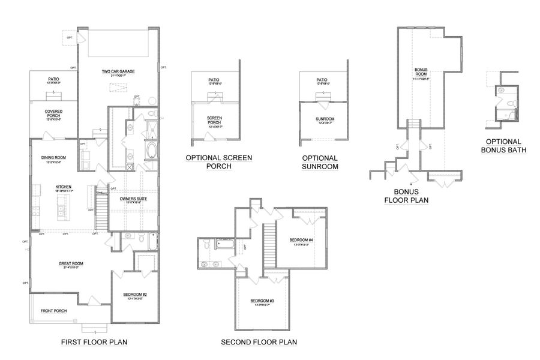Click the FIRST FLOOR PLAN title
(x=94, y=342)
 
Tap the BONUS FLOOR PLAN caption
(x=406, y=197)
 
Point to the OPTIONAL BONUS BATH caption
(x=502, y=146)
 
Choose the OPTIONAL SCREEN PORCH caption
(x=218, y=161)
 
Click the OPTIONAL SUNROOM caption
(x=320, y=161)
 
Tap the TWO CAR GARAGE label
(x=118, y=71)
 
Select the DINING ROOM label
(x=53, y=158)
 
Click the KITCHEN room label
(x=64, y=187)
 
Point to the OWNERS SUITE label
(x=133, y=199)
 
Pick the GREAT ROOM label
(x=70, y=263)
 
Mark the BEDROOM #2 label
(x=134, y=294)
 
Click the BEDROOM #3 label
(x=263, y=301)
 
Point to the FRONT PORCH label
(x=53, y=311)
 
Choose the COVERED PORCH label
(x=54, y=112)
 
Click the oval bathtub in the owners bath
(x=150, y=150)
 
